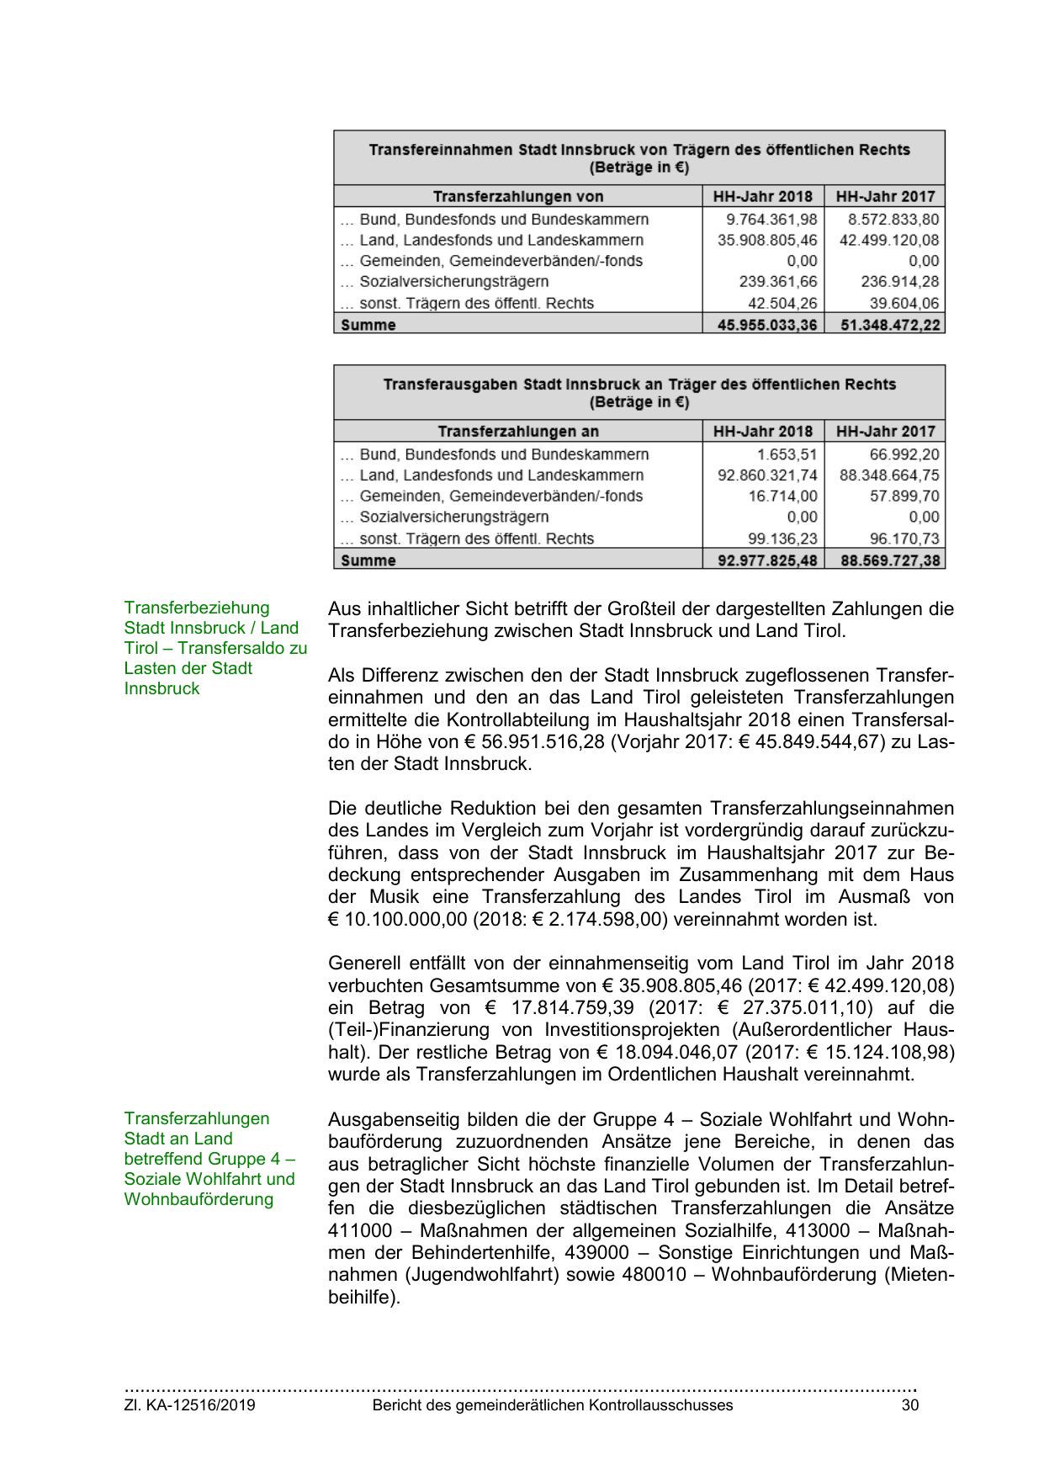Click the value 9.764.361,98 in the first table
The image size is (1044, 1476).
tap(771, 220)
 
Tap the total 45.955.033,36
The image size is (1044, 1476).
tap(766, 325)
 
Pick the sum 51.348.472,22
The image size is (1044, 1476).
tap(889, 325)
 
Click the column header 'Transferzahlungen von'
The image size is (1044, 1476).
tap(518, 197)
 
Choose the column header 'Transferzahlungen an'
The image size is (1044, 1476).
tap(518, 432)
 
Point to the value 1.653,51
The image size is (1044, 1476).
tap(787, 454)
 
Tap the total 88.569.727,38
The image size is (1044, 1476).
tap(889, 560)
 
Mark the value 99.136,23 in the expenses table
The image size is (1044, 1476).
tap(782, 539)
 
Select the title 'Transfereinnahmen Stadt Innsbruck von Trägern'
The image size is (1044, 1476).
tap(639, 150)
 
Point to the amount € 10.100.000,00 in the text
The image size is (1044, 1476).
tap(396, 919)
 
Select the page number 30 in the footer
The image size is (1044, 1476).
tap(909, 1405)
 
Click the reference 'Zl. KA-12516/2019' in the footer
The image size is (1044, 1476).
tap(190, 1405)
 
